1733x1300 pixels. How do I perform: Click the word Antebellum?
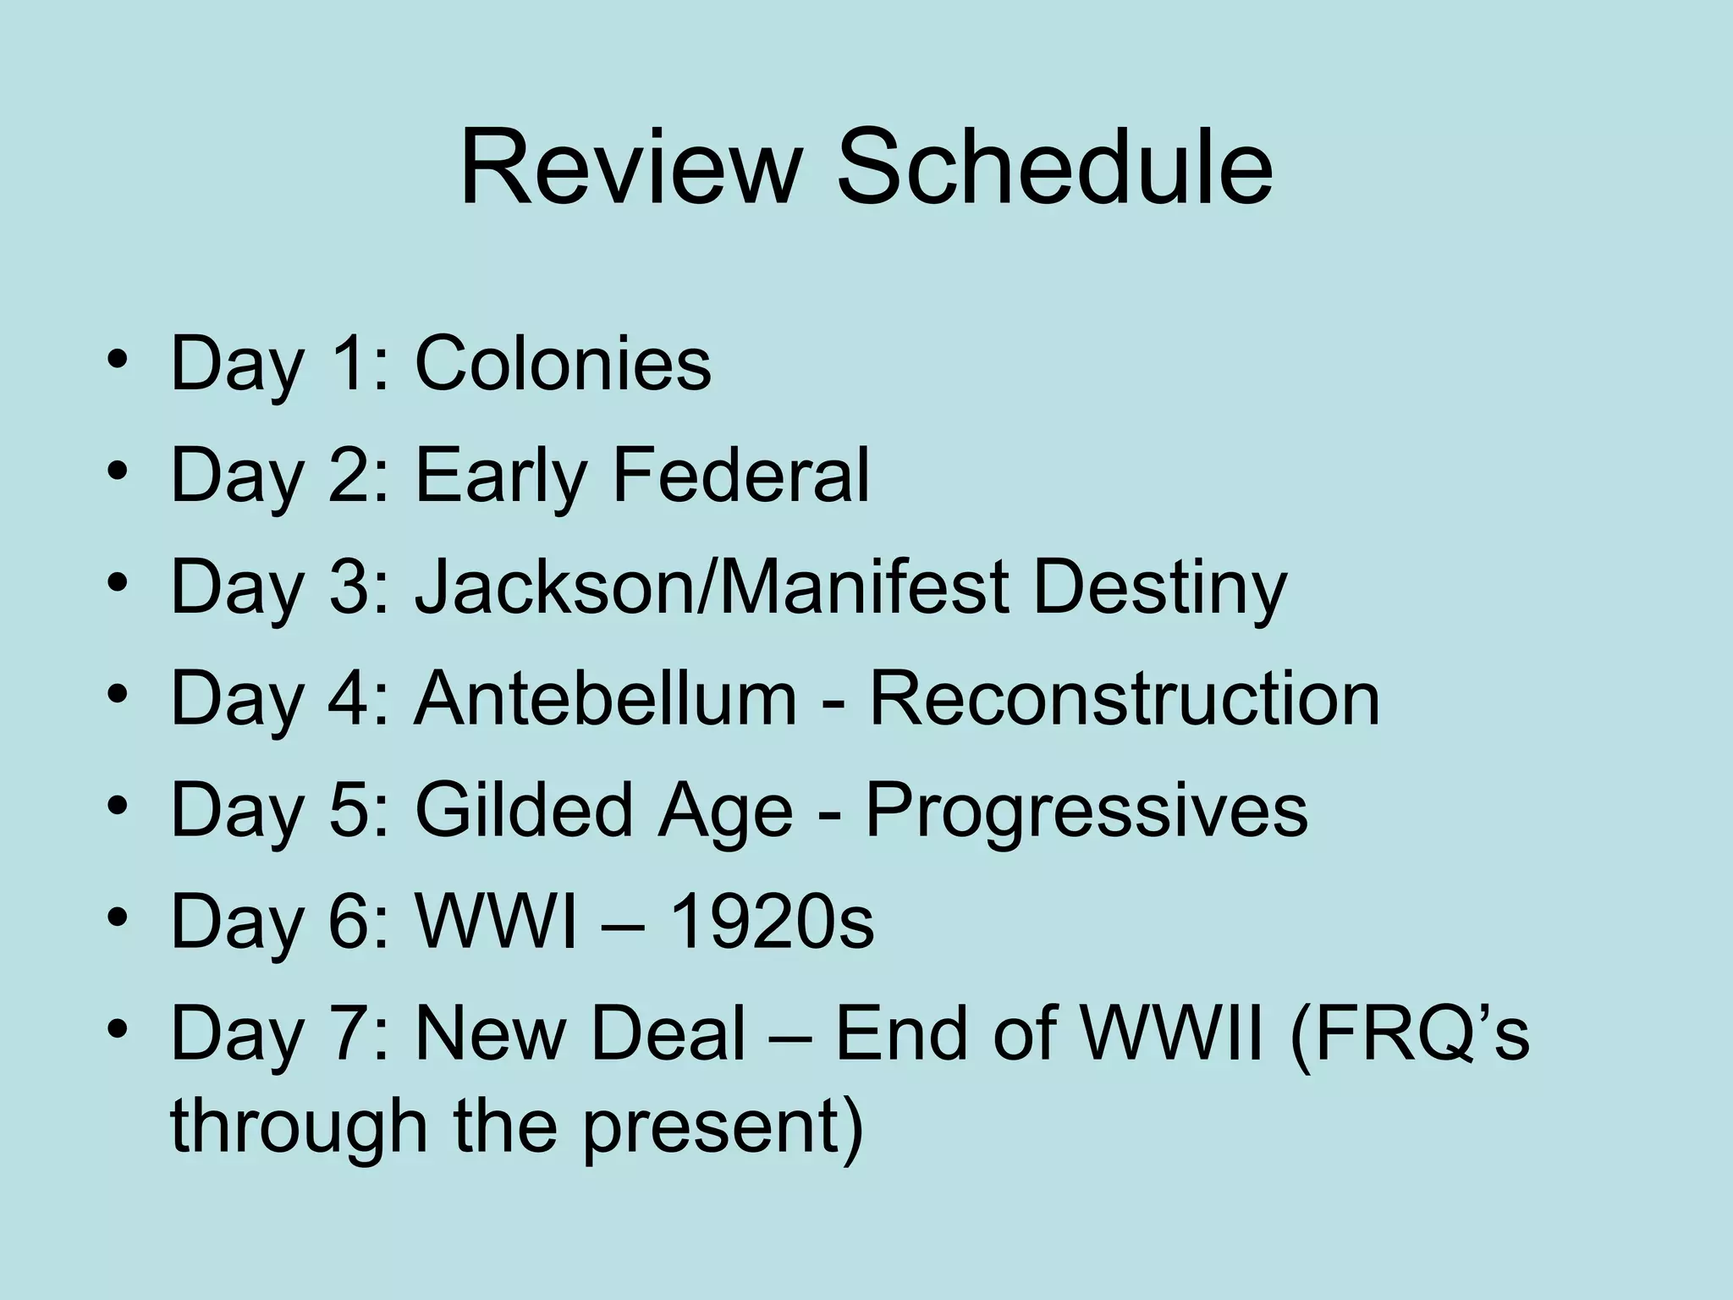[x=606, y=698]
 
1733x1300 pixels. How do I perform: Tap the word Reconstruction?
[x=1125, y=698]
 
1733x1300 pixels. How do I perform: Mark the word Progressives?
[x=1087, y=811]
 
